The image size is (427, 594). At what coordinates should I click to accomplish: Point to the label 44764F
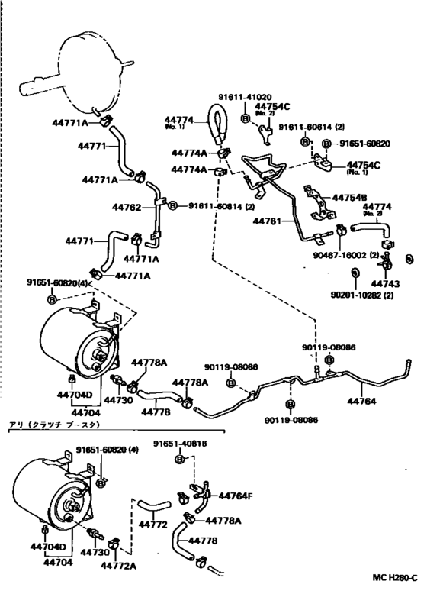tap(235, 496)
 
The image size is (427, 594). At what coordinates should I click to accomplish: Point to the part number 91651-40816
tap(180, 443)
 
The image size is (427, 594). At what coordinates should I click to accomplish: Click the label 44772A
tap(121, 565)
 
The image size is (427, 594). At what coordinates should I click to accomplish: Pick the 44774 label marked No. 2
tap(377, 207)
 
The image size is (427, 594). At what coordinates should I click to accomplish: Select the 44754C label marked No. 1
tap(363, 166)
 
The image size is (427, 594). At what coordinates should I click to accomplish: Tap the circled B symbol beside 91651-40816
tap(180, 460)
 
